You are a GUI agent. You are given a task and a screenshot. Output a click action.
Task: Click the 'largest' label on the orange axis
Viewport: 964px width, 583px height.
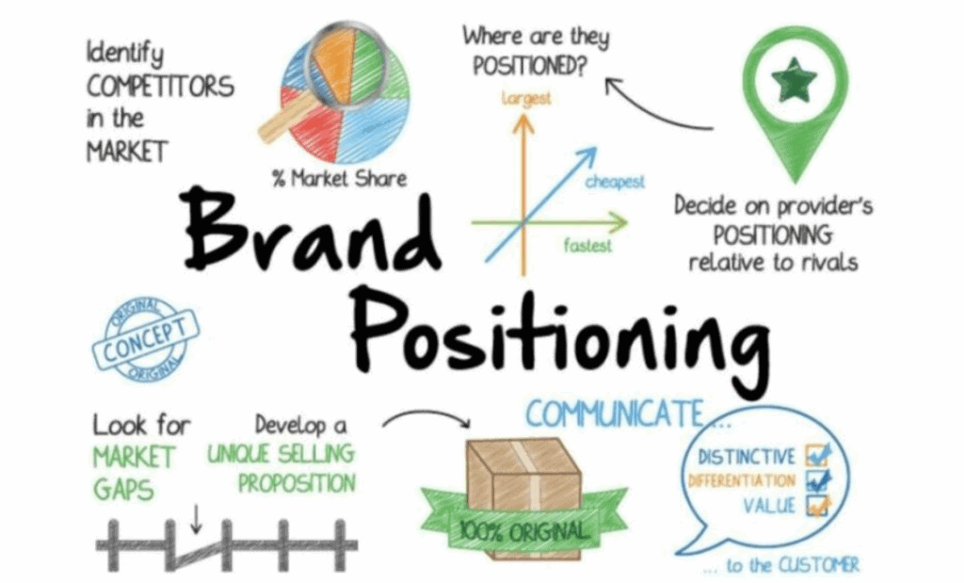[x=525, y=97]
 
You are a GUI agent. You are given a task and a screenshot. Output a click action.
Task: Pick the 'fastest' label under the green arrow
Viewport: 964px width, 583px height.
[x=587, y=246]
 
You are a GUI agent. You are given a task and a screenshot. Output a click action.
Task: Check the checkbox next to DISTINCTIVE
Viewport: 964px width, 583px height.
[x=817, y=457]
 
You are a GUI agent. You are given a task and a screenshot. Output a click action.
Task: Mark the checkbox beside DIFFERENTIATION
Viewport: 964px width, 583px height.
[x=817, y=480]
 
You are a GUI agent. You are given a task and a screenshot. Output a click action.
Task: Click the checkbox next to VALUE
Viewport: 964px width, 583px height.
[x=817, y=506]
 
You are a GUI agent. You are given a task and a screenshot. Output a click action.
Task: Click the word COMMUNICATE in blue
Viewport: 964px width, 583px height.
[x=613, y=413]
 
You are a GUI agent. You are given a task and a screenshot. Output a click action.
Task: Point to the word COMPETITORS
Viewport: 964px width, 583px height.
[x=161, y=87]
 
